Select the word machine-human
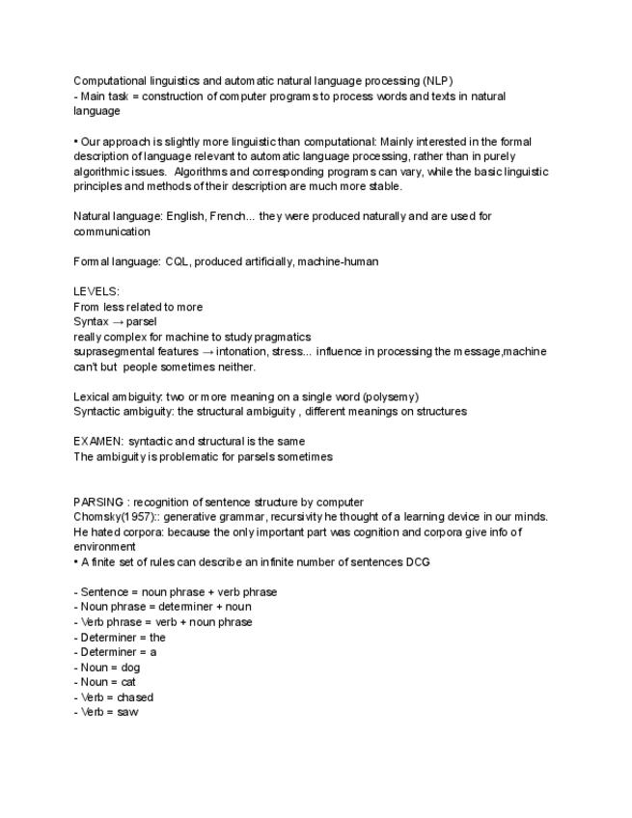(345, 261)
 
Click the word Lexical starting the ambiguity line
(95, 396)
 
